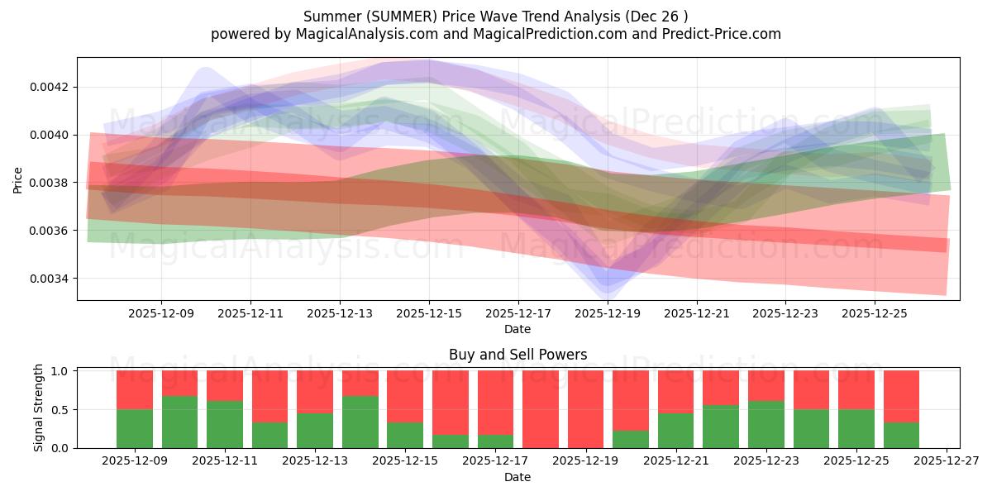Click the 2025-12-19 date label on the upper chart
(608, 314)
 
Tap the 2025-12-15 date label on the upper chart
(429, 314)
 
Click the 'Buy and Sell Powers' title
(517, 355)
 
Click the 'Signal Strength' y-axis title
(39, 408)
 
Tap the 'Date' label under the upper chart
(517, 329)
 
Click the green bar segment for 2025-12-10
(179, 422)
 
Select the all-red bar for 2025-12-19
(585, 409)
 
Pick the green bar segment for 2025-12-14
(360, 422)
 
